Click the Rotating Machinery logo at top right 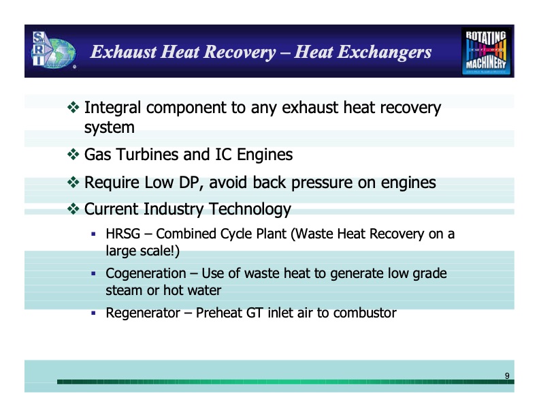pyautogui.click(x=487, y=51)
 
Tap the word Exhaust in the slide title pyautogui.click(x=123, y=52)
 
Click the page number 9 pyautogui.click(x=507, y=376)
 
